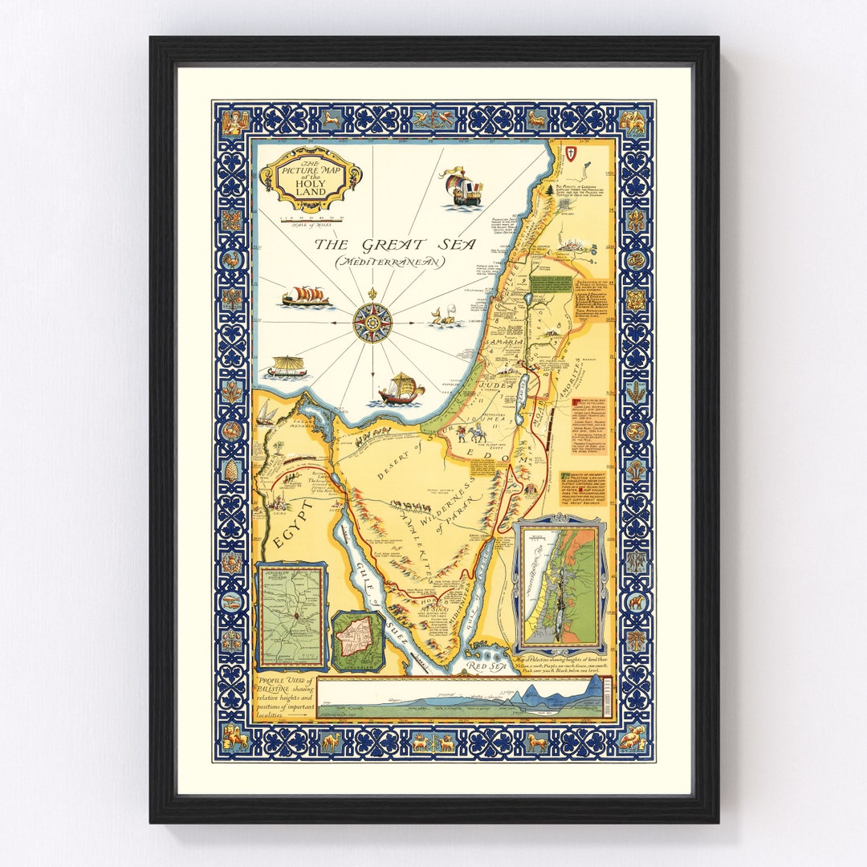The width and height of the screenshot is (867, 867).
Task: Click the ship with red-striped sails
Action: pyautogui.click(x=306, y=297)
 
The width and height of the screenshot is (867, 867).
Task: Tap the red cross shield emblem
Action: pyautogui.click(x=571, y=153)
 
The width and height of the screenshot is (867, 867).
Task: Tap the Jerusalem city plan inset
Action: pyautogui.click(x=357, y=641)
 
